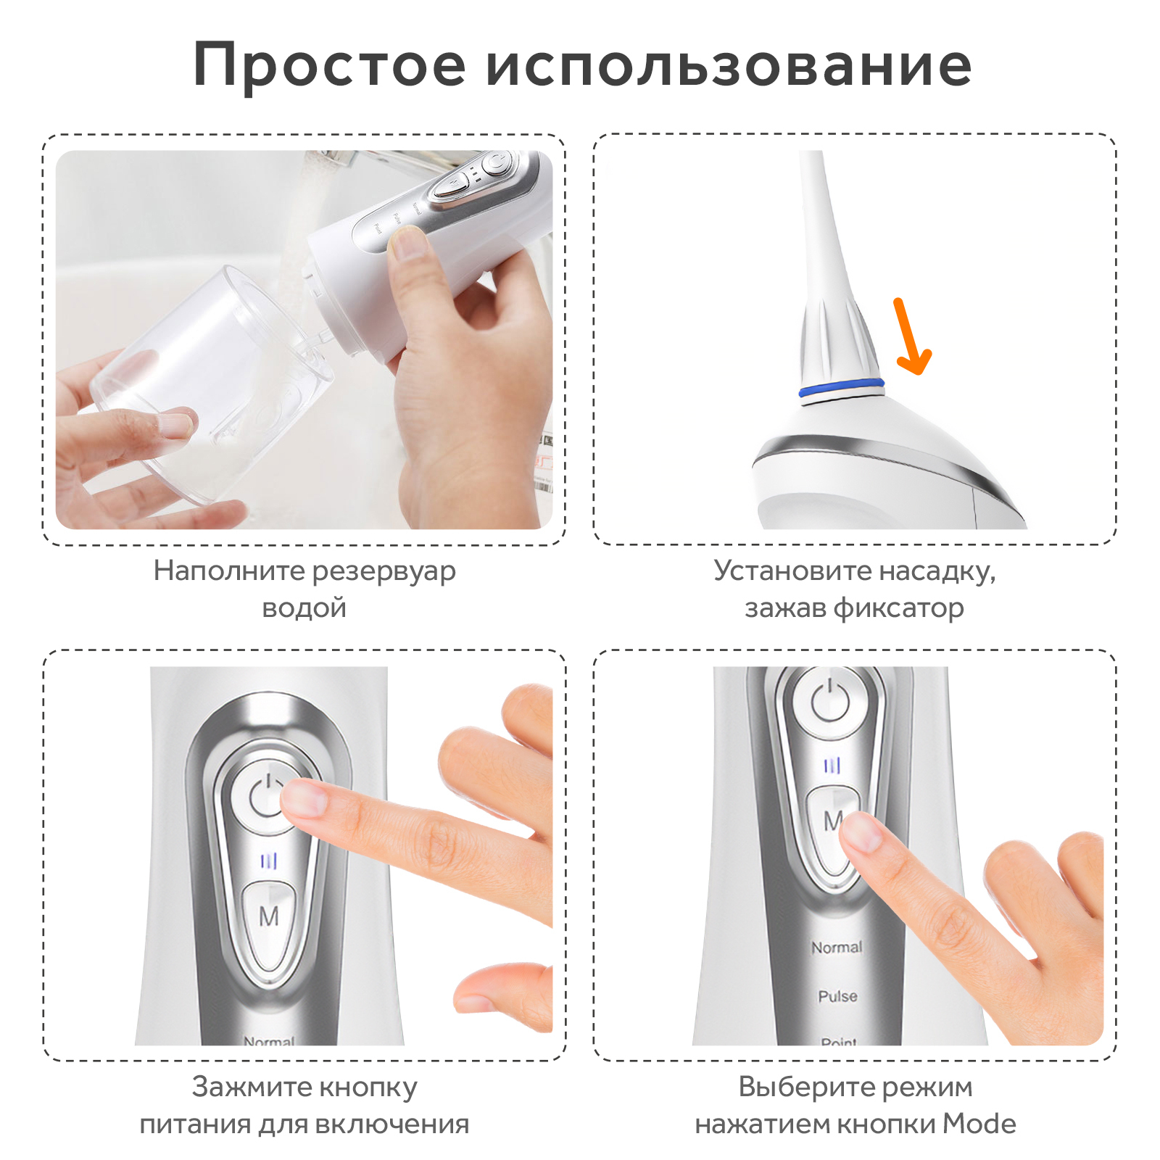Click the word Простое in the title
pos(329,66)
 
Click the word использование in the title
pos(729,66)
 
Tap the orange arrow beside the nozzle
pos(911,336)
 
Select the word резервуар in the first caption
pos(384,572)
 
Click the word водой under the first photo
pos(304,608)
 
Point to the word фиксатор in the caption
pos(899,608)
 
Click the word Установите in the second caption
pos(792,571)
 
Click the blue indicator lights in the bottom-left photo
pos(269,861)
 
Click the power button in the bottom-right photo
pos(831,701)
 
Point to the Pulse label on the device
pos(837,996)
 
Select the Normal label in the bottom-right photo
pos(837,948)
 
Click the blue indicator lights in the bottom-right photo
pos(832,766)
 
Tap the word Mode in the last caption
pos(979,1124)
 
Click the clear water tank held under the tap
pos(210,384)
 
